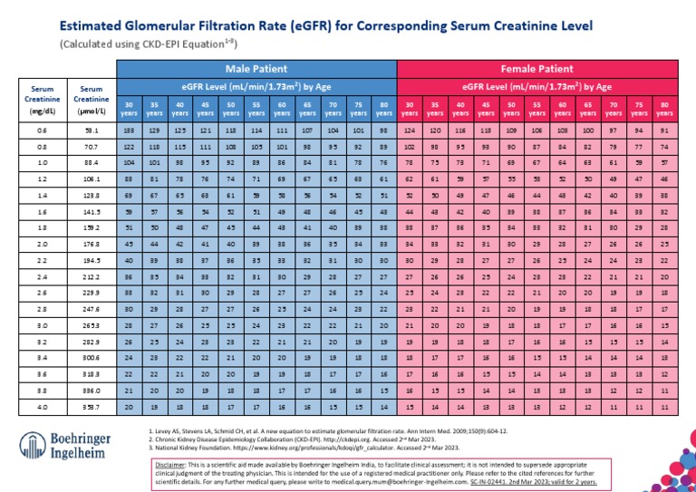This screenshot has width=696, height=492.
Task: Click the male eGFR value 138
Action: click(x=129, y=132)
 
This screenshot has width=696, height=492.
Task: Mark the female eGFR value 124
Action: click(x=410, y=132)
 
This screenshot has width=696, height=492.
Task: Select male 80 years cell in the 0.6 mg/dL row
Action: click(x=384, y=132)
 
